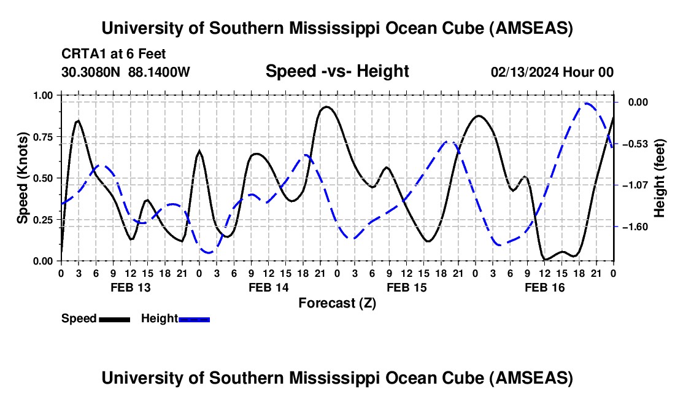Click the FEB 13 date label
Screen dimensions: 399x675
[x=129, y=287]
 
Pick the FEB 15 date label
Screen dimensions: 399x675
[x=406, y=287]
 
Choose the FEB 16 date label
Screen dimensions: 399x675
[x=544, y=287]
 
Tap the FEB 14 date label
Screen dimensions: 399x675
[x=268, y=287]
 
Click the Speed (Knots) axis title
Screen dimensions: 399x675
[x=23, y=177]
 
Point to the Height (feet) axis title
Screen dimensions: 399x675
[x=660, y=177]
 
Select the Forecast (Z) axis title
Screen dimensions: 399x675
[x=337, y=303]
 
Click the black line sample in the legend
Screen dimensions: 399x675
[x=114, y=319]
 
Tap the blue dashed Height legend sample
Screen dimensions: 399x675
[x=194, y=319]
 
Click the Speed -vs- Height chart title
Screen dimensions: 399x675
[x=337, y=71]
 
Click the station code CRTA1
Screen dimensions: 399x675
[x=82, y=54]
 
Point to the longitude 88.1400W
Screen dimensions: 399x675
[x=160, y=72]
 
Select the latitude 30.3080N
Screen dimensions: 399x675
[x=91, y=72]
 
